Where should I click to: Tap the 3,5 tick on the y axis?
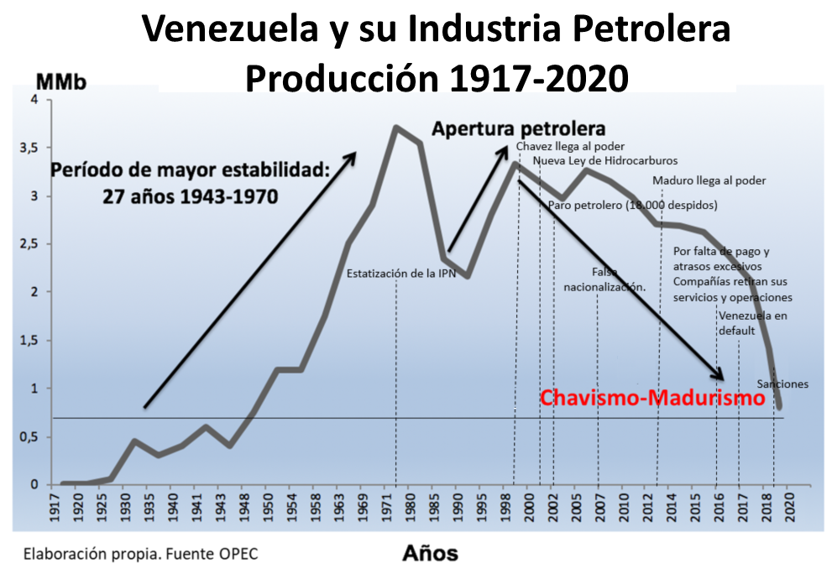coord(30,148)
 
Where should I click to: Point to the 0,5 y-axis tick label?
coord(30,436)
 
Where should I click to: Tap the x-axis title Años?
coord(430,552)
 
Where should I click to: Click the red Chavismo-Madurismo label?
coord(652,398)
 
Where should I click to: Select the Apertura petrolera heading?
coord(518,129)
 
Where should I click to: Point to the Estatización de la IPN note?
coord(400,274)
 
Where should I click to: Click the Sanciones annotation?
coord(782,384)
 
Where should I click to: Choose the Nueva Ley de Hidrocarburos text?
coord(604,160)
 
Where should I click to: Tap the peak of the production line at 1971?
coord(396,128)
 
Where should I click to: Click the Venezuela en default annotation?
coord(752,323)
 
